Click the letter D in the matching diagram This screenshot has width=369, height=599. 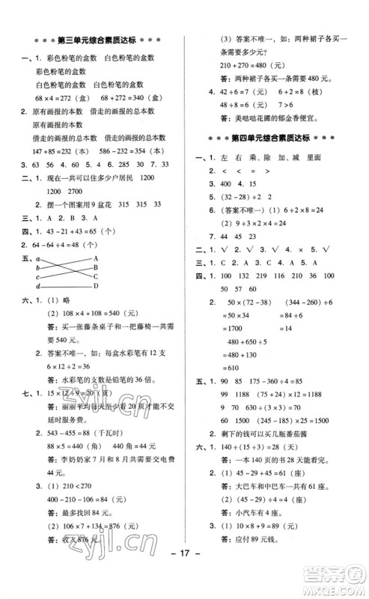(x=97, y=286)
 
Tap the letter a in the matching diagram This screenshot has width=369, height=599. (x=37, y=258)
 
